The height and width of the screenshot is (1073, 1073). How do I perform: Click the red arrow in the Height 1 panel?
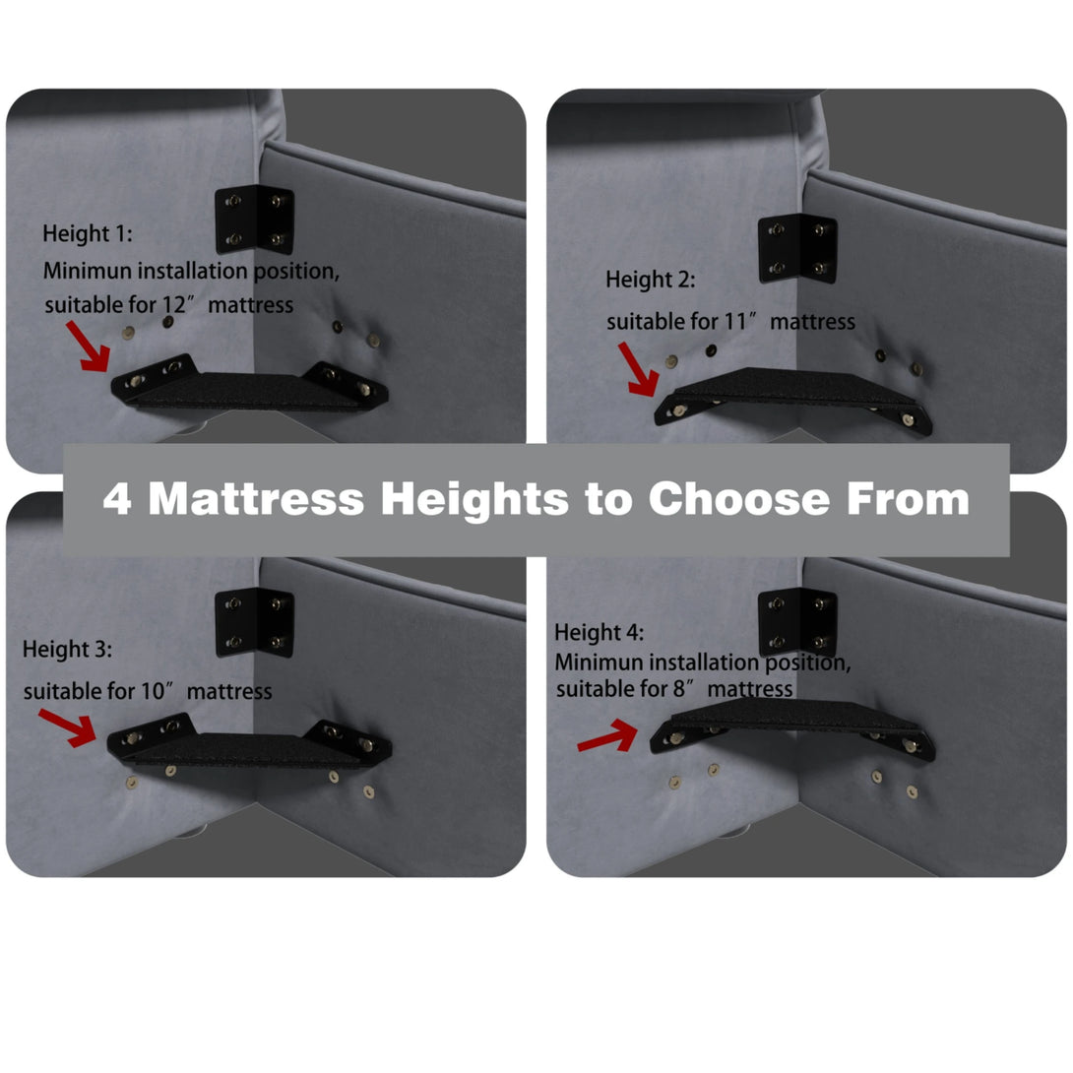click(x=89, y=347)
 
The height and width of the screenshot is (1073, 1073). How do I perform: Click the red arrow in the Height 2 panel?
click(x=639, y=369)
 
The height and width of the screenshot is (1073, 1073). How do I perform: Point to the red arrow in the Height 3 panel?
click(x=68, y=726)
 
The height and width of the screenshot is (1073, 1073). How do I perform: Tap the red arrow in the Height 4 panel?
click(x=607, y=735)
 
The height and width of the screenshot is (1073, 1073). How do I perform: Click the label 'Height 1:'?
click(x=88, y=234)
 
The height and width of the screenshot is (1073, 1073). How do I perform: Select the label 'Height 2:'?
click(x=650, y=280)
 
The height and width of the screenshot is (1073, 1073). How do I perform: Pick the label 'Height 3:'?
click(x=67, y=650)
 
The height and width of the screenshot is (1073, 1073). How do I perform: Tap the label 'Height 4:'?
click(x=599, y=633)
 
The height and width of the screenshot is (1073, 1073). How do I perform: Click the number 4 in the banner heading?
click(x=117, y=498)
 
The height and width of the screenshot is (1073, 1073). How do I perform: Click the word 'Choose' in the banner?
click(x=739, y=498)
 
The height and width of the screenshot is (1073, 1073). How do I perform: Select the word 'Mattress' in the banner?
click(x=257, y=498)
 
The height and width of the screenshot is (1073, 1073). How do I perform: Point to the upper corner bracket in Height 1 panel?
click(x=255, y=219)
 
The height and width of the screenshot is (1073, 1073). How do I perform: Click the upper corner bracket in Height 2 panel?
click(x=798, y=248)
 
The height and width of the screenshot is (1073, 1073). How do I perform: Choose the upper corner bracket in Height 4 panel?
click(x=798, y=621)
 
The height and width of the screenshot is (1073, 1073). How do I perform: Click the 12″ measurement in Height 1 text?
click(x=180, y=304)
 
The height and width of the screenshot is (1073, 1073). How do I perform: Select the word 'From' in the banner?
click(x=908, y=498)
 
